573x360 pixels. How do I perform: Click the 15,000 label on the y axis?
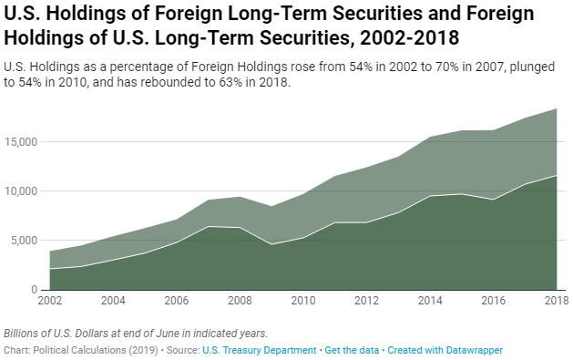[19, 142]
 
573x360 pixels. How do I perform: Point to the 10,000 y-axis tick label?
[19, 191]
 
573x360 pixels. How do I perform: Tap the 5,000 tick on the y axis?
[22, 241]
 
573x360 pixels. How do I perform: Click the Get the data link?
[351, 350]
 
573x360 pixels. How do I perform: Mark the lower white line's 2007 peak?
[210, 226]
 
